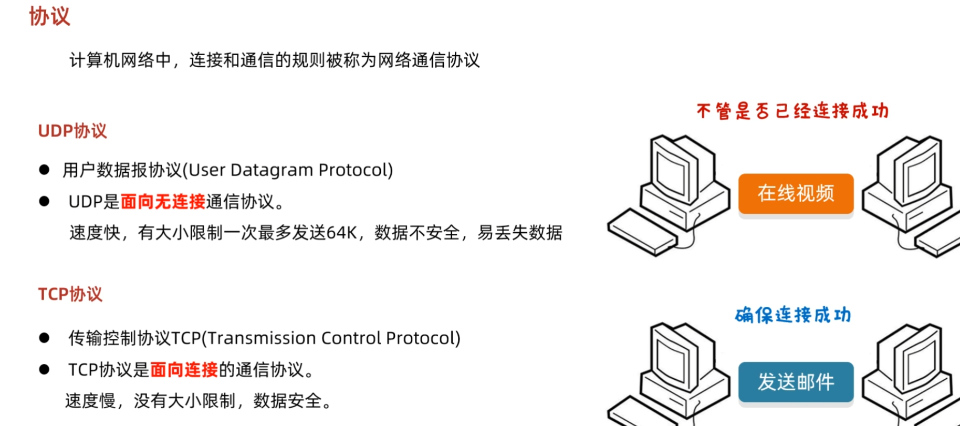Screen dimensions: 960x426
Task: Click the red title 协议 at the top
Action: click(x=49, y=16)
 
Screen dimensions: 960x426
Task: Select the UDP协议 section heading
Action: click(x=72, y=131)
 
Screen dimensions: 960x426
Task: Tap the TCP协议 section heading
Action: click(x=70, y=294)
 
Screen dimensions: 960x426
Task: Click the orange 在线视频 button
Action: click(x=796, y=193)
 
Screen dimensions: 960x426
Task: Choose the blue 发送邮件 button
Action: click(x=796, y=382)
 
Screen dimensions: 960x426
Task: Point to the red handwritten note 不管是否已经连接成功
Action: click(x=792, y=111)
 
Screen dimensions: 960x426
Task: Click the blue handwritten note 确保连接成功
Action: click(x=792, y=315)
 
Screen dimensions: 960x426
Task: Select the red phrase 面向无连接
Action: click(x=163, y=202)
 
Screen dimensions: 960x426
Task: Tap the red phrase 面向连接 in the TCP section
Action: click(x=184, y=370)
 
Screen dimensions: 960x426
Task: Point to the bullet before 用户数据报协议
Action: click(x=44, y=170)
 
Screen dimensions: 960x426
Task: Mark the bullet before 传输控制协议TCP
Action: click(x=44, y=338)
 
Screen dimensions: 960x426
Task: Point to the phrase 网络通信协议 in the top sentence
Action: click(x=429, y=60)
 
